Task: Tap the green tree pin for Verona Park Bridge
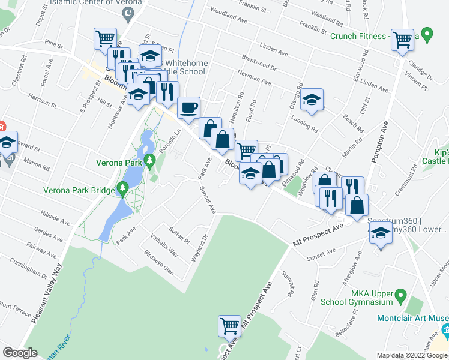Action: tap(123, 190)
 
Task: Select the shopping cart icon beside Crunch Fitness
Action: tap(402, 39)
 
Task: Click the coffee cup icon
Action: tap(189, 107)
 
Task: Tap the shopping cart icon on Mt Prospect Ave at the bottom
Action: tap(229, 326)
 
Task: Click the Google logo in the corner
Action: tap(20, 353)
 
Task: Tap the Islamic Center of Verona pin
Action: tap(127, 14)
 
